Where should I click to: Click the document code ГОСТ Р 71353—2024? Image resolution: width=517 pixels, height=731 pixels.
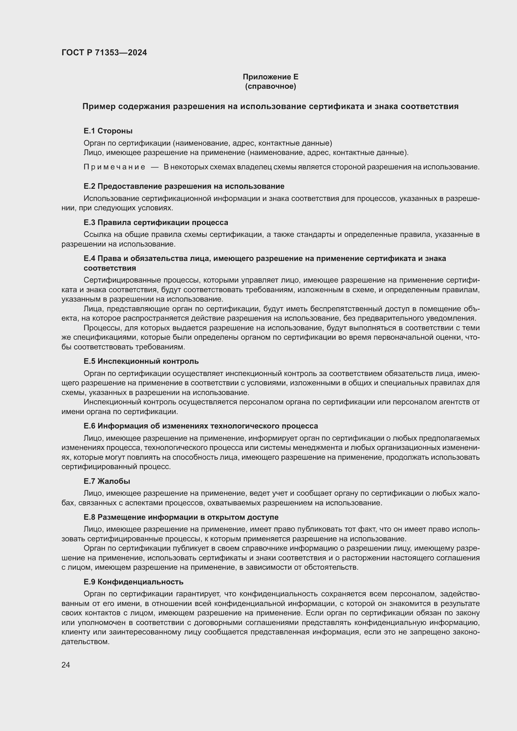(x=104, y=53)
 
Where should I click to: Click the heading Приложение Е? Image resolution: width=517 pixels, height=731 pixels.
(x=270, y=77)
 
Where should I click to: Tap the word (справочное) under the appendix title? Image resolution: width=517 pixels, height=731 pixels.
(x=270, y=86)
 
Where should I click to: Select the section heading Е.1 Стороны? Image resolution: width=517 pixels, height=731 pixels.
(x=108, y=131)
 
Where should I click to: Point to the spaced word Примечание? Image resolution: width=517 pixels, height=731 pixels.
(x=114, y=167)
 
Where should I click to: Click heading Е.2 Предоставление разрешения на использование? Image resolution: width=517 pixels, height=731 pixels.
(x=184, y=186)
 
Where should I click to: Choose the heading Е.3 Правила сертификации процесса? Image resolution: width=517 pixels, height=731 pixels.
(x=156, y=222)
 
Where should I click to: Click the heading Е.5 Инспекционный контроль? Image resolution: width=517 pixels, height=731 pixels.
(x=141, y=361)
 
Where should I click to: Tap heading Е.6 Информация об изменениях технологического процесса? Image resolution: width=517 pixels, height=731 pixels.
(x=201, y=426)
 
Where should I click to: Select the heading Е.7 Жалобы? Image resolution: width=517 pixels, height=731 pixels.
(x=107, y=481)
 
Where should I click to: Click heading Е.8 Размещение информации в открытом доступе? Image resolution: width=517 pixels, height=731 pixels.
(x=181, y=517)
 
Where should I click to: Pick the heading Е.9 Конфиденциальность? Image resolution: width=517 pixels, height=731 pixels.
(x=133, y=582)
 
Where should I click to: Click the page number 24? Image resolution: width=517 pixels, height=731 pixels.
(x=66, y=665)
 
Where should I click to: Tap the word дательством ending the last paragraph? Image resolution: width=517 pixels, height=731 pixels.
(x=85, y=642)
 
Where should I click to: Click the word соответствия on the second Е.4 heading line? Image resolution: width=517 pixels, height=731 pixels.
(x=109, y=268)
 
